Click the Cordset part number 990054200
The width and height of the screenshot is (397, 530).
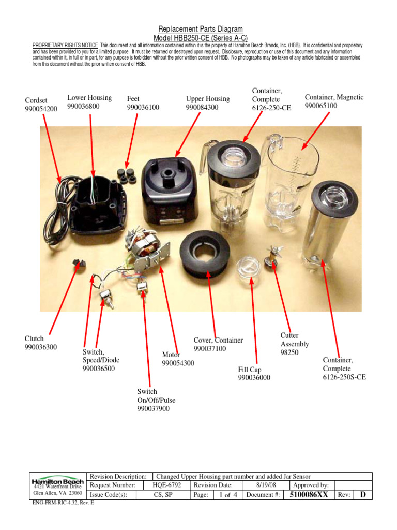tap(41, 109)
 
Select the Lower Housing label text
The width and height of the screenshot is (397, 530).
tap(89, 98)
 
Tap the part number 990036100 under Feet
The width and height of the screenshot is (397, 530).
tap(143, 107)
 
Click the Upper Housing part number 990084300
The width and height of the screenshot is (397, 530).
tap(202, 107)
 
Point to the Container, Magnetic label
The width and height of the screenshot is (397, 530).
tap(334, 97)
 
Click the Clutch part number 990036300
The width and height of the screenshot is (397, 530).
tap(41, 347)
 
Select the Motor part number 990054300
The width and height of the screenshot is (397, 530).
tap(178, 363)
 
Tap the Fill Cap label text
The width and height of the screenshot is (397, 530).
tap(250, 370)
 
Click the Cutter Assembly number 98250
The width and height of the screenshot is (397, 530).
tap(289, 352)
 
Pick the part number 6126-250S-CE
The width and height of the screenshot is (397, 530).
tap(344, 377)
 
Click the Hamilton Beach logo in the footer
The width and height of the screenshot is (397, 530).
tap(58, 480)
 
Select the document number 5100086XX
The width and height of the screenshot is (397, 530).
tap(308, 495)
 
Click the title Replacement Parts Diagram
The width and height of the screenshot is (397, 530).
tap(198, 30)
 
